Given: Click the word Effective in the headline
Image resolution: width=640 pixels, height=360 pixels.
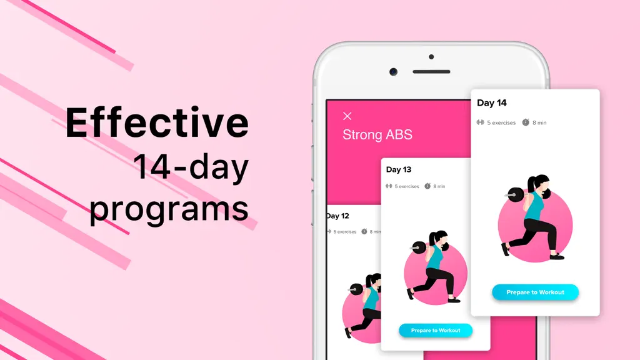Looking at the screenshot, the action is pos(157,122).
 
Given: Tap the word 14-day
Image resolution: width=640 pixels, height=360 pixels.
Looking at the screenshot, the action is pos(191,167).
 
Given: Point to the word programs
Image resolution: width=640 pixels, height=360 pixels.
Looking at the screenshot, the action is pos(169,209).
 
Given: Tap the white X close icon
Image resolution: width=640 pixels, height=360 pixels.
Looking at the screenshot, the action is pos(347,116).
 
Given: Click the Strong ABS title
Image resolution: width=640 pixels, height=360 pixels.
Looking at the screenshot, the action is pos(377,135).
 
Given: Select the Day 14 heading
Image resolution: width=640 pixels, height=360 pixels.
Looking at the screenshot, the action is pos(492,103).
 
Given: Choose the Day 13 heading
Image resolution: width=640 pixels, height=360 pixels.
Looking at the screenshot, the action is pos(399,169).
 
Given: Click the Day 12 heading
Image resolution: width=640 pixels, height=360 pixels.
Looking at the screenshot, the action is pos(338,216).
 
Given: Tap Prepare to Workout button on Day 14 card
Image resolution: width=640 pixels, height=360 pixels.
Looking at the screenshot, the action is pos(535,292).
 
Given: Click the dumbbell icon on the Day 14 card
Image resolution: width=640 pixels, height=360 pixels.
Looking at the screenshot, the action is pos(481,122).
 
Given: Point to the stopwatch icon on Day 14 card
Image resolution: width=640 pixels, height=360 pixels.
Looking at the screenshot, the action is pos(526,122).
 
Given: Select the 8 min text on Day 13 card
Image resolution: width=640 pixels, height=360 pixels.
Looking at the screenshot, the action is pos(439,186).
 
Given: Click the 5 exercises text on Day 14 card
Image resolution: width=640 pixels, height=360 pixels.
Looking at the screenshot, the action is pos(501,122).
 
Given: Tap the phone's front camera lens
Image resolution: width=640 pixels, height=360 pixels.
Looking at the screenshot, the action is pos(394,72).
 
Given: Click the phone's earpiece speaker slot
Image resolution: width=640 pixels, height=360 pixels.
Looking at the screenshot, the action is pos(431,72).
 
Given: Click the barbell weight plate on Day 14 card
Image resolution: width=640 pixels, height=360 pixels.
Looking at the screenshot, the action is pos(516,194).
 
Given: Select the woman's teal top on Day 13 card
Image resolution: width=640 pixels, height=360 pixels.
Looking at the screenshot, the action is pos(436,256).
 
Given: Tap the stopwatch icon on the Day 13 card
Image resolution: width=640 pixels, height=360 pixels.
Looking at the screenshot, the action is pos(427,186).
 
